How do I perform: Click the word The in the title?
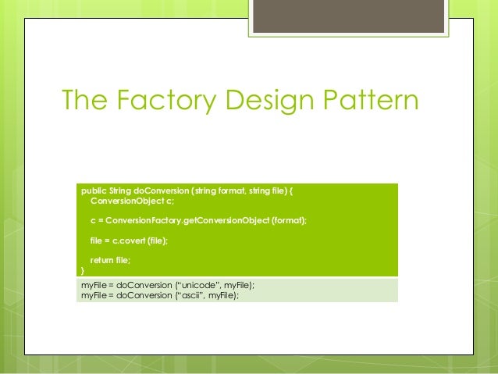[x=86, y=102]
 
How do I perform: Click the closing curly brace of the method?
[x=83, y=270]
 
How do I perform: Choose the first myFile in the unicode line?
[x=94, y=286]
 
